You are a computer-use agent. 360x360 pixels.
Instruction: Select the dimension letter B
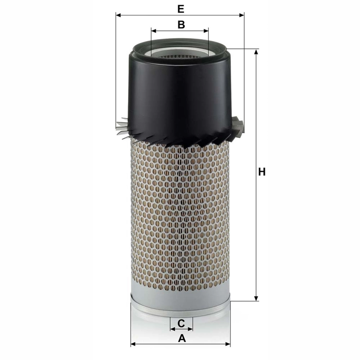point(181,24)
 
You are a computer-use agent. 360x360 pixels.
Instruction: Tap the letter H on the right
point(262,172)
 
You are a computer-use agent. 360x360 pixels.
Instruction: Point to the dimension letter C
point(181,323)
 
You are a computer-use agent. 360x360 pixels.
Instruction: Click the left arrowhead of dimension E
point(118,15)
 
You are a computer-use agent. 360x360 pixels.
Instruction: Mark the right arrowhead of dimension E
point(242,15)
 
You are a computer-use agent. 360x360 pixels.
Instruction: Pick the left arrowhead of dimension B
point(154,31)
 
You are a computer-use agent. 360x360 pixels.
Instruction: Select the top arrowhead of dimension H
point(256,51)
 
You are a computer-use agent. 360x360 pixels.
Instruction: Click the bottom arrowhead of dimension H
point(256,298)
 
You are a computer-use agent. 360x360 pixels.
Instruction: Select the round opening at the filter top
point(180,52)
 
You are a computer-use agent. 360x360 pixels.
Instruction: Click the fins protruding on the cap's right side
point(239,126)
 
